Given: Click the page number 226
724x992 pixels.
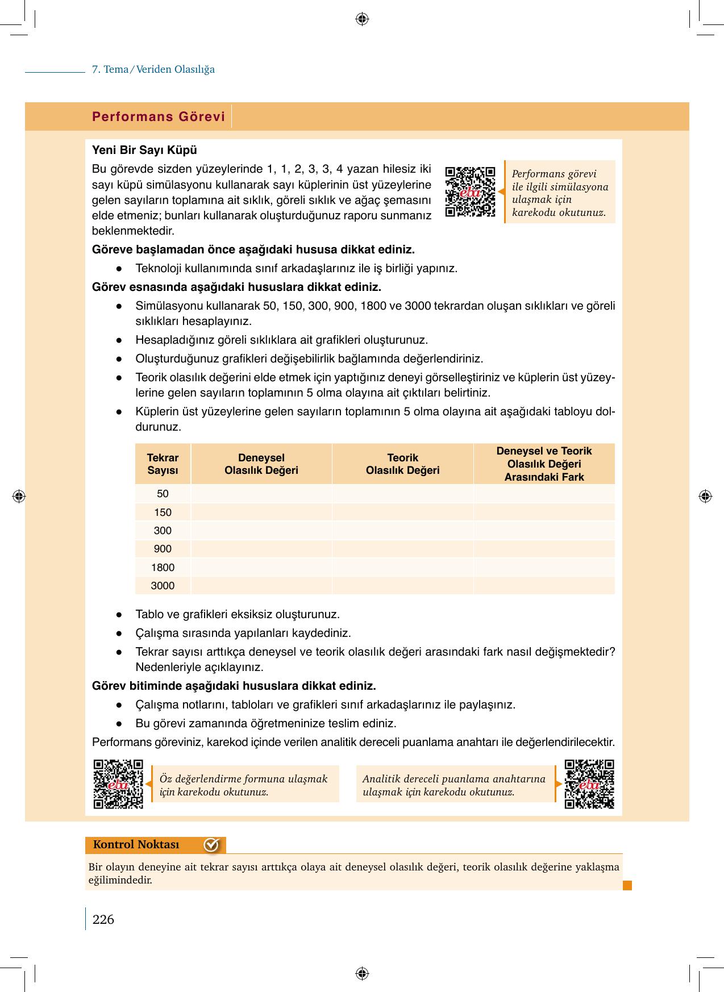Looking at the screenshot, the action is [103, 919].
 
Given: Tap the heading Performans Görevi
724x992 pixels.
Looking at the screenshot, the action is [159, 117].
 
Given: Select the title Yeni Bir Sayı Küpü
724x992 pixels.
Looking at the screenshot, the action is [144, 151].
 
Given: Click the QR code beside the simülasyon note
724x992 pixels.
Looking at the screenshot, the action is [470, 191].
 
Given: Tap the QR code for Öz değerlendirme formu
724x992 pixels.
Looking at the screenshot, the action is [118, 784].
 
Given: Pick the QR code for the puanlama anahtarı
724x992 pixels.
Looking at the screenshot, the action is [589, 784].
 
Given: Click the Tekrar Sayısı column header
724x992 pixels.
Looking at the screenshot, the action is [163, 464].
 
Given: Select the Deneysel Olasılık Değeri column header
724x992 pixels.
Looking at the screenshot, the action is [261, 464].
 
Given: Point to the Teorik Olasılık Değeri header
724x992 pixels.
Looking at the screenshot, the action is [402, 464].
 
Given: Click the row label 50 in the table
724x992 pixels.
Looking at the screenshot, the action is [163, 494].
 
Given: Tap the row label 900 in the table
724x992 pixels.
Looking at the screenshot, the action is [163, 549].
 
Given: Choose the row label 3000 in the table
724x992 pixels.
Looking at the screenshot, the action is [163, 586].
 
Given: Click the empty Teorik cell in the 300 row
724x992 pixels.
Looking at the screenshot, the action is [402, 531].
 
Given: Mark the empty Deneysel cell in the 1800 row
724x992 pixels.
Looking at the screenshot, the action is [261, 568].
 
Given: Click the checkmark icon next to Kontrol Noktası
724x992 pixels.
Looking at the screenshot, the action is [211, 845].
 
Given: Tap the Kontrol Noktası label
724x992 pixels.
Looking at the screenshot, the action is [136, 845].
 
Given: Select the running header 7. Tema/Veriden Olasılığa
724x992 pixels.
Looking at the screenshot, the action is [153, 70].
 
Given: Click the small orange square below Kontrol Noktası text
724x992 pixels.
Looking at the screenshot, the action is [627, 885].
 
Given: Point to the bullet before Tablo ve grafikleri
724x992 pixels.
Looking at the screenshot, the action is [119, 615].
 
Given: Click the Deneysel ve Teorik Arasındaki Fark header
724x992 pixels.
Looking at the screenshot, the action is [544, 464].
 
